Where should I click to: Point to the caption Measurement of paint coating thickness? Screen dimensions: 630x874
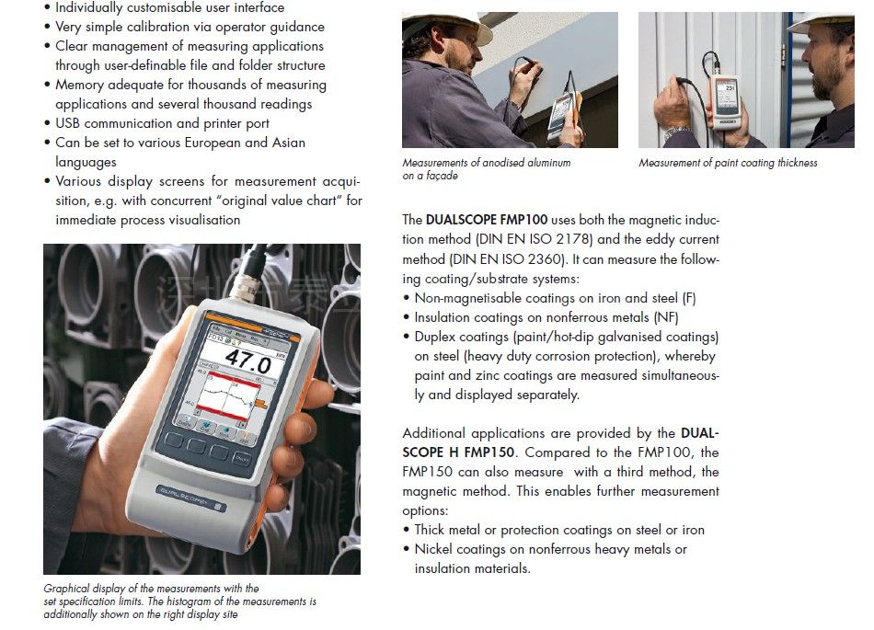coord(728,163)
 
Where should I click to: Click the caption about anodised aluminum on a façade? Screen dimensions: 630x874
coord(486,168)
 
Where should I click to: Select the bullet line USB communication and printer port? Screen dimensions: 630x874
coord(162,123)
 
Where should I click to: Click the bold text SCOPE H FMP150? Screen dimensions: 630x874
coord(460,452)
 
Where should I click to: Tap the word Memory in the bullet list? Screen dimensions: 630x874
coord(80,85)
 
